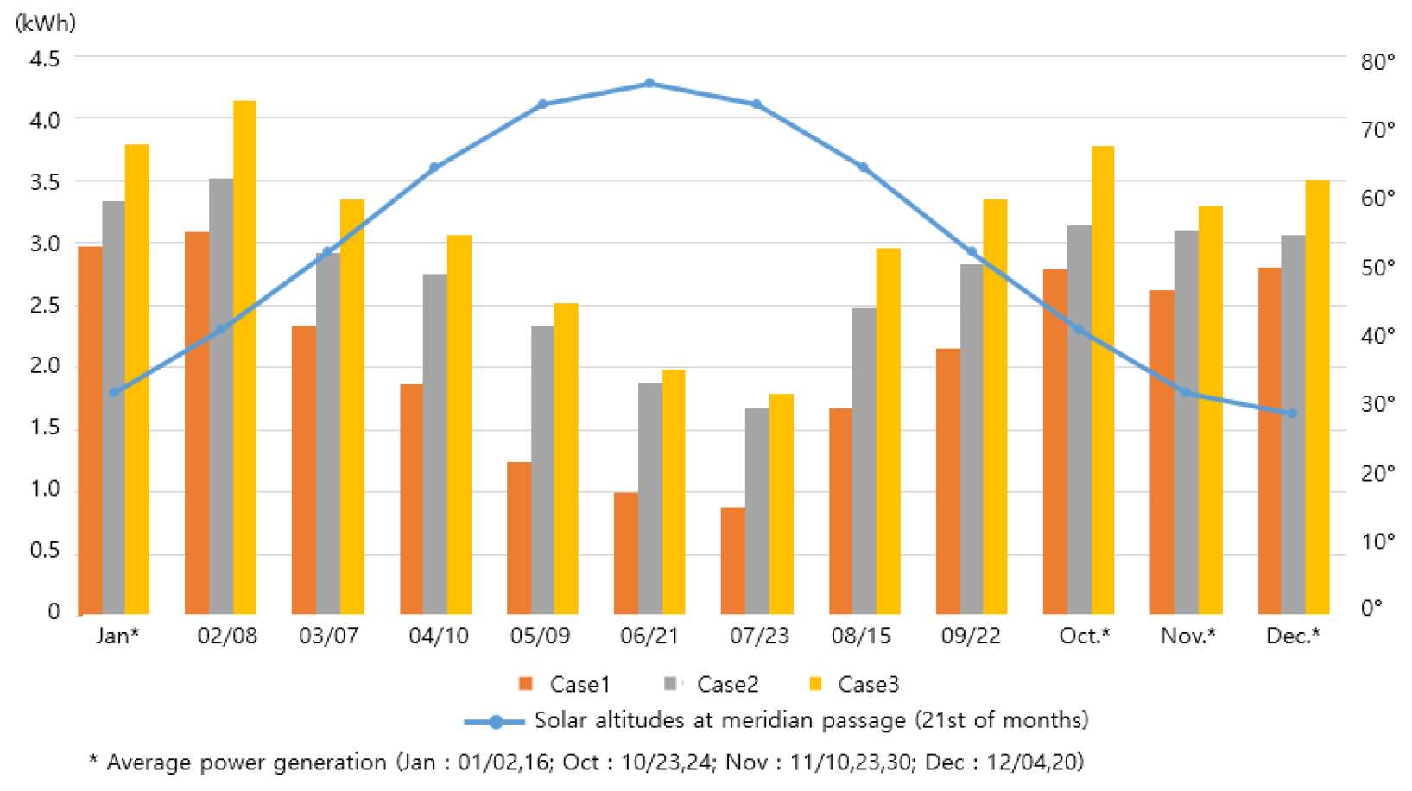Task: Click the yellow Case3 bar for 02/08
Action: pos(244,358)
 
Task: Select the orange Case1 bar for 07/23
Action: pos(732,560)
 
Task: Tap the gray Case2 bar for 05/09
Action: pos(542,470)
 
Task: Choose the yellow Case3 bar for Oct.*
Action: pos(1103,380)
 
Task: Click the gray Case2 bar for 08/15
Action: pos(864,461)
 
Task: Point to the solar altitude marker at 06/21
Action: pos(649,84)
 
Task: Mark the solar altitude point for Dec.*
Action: pos(1292,414)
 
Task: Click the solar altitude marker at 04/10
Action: pos(434,168)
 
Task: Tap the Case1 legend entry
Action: pos(565,685)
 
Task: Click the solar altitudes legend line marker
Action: pos(495,722)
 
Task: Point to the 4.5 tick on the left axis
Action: pos(45,59)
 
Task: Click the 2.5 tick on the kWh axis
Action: pos(45,306)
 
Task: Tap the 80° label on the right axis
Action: pos(1377,62)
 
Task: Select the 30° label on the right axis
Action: pos(1377,404)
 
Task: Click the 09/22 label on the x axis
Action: pos(971,636)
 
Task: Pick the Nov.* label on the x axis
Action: pos(1187,636)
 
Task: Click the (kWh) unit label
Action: pos(46,23)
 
